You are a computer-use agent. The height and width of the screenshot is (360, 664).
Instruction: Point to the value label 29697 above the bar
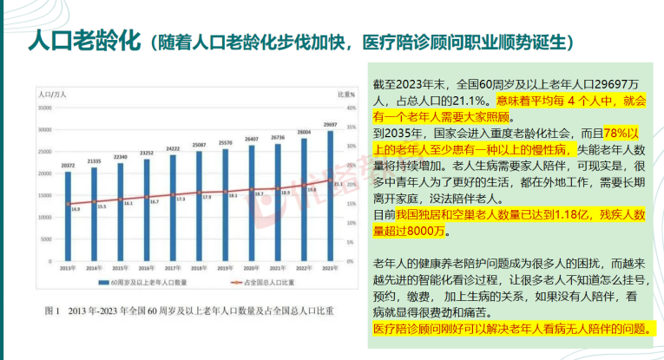[331, 124]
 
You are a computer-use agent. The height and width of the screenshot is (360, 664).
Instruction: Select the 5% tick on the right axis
[352, 243]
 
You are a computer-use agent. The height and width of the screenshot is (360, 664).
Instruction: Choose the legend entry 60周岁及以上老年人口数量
[143, 282]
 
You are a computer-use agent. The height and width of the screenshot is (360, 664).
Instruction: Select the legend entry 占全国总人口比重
[260, 282]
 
